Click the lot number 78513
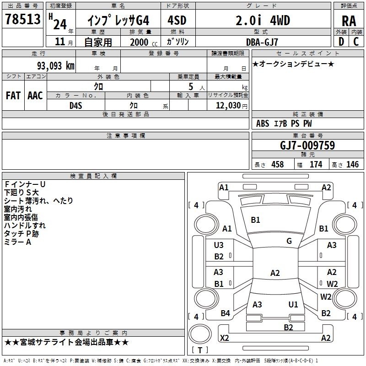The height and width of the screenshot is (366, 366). (22, 19)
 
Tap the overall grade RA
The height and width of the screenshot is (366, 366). (349, 21)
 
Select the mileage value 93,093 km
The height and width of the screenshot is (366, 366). (56, 66)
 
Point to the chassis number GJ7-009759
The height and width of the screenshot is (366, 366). (307, 145)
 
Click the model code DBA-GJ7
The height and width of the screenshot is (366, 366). (262, 42)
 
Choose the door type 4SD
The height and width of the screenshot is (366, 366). (177, 20)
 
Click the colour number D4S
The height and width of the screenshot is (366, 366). (76, 106)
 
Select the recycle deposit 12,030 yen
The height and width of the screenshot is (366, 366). (231, 106)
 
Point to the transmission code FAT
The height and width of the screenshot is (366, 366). (13, 96)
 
